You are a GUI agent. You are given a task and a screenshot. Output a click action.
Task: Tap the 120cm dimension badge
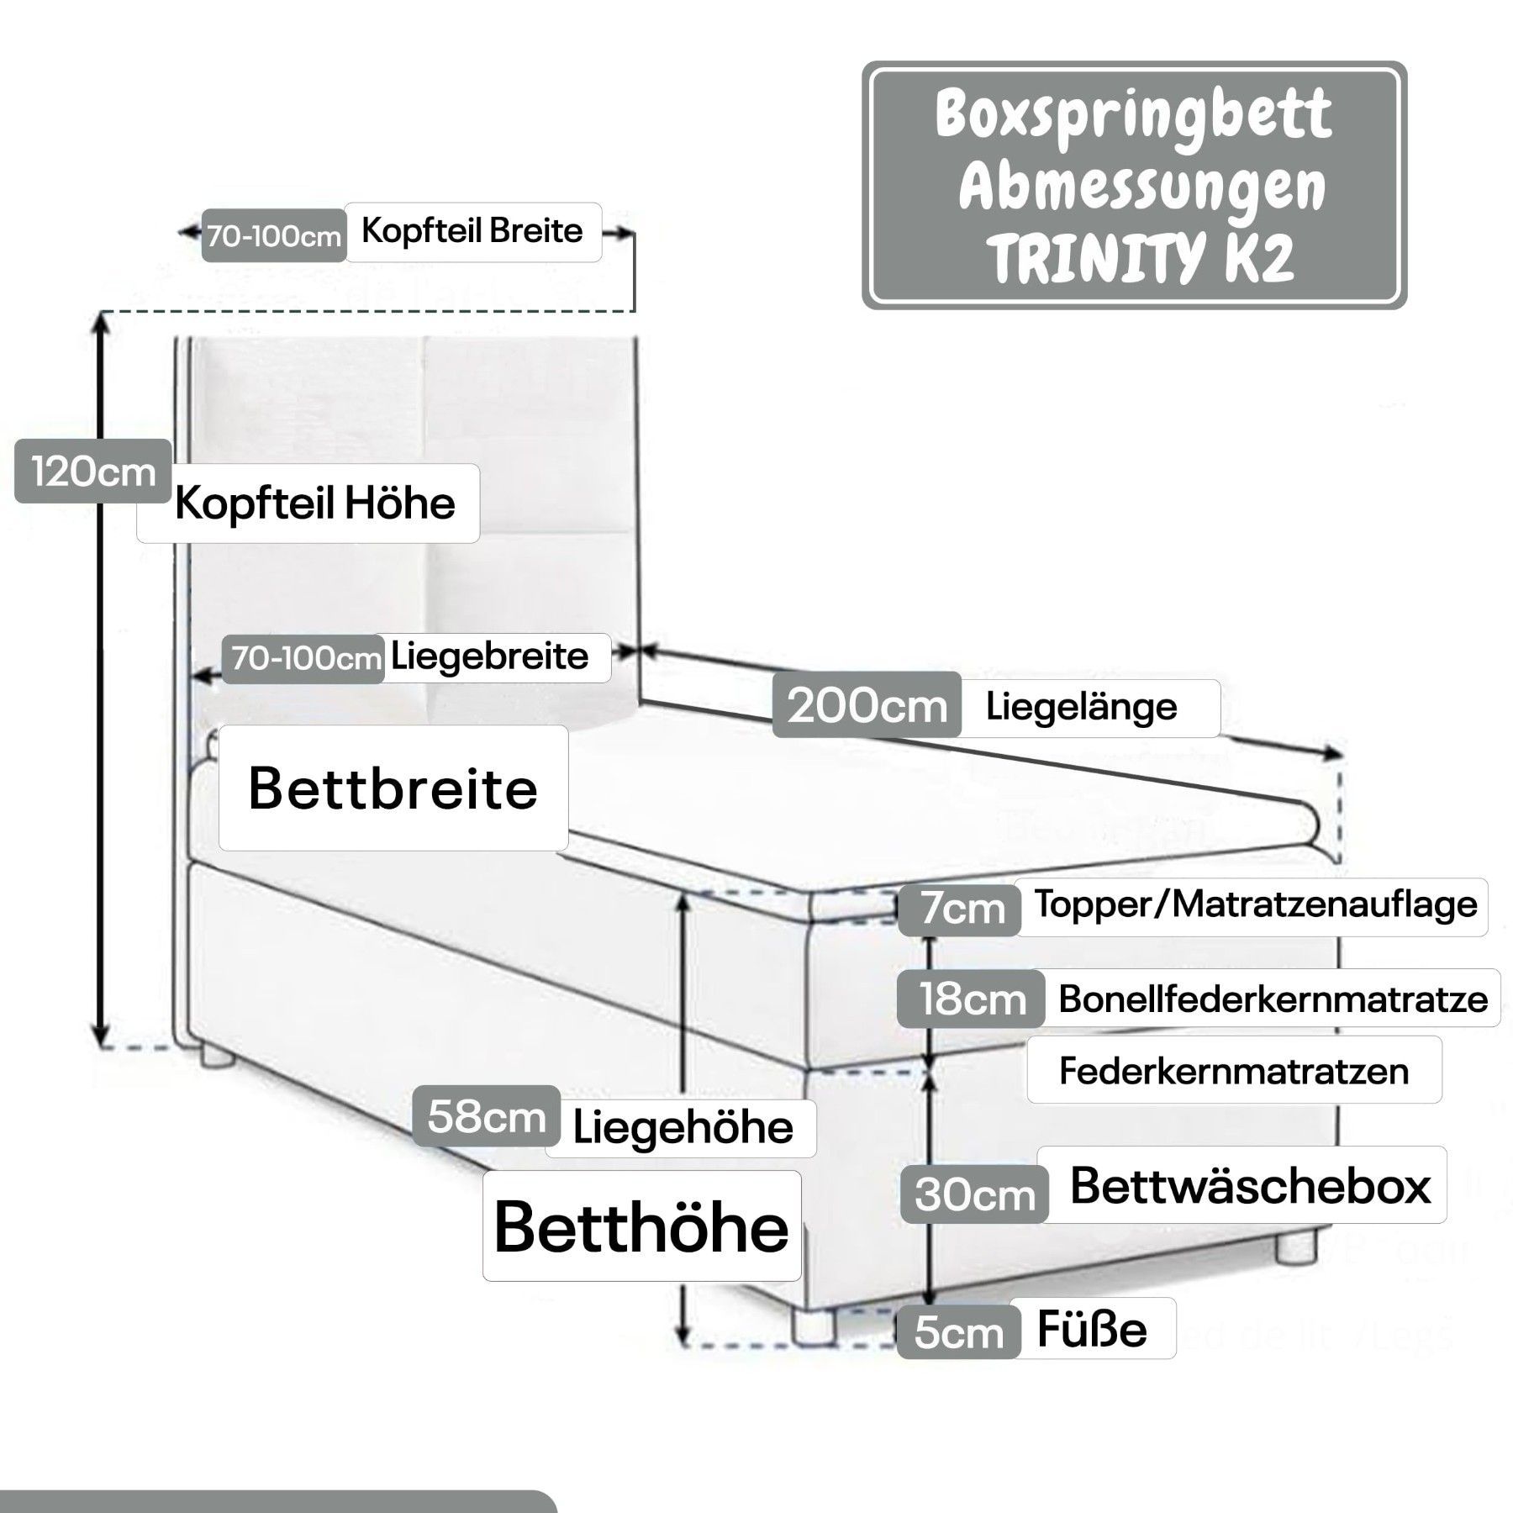point(93,472)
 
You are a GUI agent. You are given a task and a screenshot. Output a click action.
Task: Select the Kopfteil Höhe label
point(315,503)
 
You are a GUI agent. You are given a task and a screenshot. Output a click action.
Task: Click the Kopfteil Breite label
point(472,231)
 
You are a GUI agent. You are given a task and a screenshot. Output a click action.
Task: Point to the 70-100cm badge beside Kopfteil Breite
point(274,236)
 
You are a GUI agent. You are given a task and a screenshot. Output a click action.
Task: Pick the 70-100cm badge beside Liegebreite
point(307,658)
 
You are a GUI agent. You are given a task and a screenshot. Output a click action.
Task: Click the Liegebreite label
point(490,656)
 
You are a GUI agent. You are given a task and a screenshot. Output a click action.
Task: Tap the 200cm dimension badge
point(867,705)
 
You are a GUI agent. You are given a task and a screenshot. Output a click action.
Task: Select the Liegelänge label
point(1082,707)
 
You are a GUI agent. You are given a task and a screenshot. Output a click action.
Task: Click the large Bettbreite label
point(393,789)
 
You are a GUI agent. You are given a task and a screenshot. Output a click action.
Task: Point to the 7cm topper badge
point(961,909)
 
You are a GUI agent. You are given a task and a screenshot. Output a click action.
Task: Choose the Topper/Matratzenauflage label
point(1255,904)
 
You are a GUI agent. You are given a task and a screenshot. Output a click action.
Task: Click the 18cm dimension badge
point(972,999)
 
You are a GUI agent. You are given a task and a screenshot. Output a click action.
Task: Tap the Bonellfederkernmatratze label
point(1273,999)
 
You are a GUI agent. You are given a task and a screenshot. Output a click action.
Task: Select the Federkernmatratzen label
point(1233,1071)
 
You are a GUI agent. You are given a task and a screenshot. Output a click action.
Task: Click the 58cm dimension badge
point(487,1117)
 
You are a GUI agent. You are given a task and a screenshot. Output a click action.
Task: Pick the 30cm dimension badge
point(975,1194)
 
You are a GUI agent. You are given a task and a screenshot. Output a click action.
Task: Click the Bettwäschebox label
point(1250,1186)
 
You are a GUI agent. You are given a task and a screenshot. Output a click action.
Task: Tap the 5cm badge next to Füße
point(958,1333)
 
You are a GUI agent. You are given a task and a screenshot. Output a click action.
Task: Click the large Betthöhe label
point(641,1228)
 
